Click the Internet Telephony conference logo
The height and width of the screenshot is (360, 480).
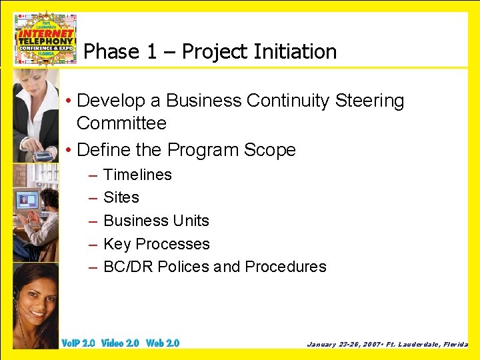coord(45,39)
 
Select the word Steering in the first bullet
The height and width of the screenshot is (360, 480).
coord(369,101)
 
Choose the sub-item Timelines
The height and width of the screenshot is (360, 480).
coord(137,175)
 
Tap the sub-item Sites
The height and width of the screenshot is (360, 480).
coord(121,197)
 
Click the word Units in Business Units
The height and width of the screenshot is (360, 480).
coord(192,221)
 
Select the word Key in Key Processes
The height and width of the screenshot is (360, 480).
coord(117,244)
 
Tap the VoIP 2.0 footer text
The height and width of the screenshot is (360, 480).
coord(78,343)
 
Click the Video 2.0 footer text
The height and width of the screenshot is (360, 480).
coord(120,343)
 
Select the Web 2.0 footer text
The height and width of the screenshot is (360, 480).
coord(163,343)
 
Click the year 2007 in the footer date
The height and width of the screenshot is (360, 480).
coord(366,345)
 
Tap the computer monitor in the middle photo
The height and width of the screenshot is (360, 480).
coord(29,199)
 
